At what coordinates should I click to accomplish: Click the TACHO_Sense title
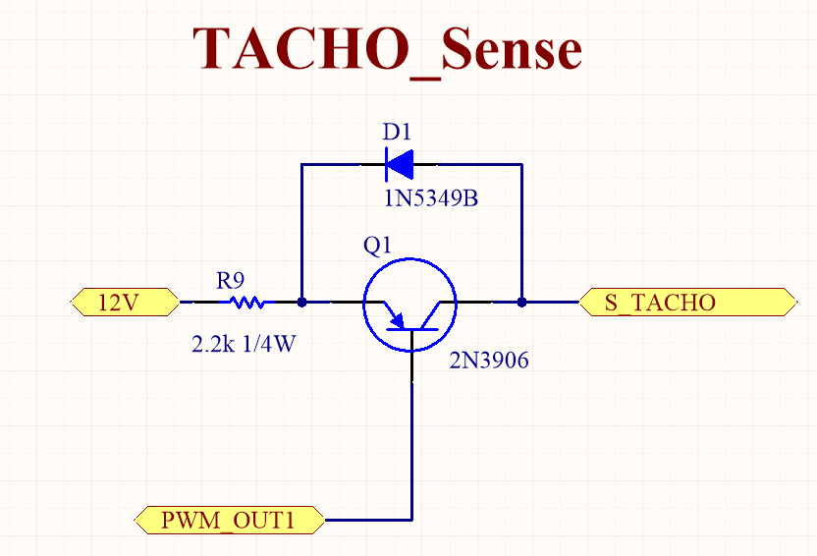tap(387, 48)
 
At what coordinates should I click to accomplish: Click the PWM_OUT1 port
tap(229, 519)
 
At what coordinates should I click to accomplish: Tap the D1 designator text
tap(397, 133)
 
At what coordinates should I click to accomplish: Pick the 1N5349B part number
tap(431, 199)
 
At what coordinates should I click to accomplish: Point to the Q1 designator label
tap(377, 245)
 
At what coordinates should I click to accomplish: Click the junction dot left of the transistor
tap(301, 303)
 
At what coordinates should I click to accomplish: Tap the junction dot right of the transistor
tap(521, 303)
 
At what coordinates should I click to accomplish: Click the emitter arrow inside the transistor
tap(396, 318)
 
